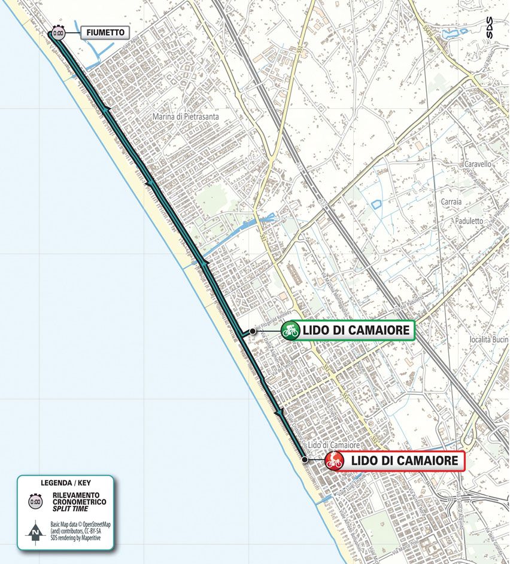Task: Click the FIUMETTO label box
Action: pyautogui.click(x=105, y=32)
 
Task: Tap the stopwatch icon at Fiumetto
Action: pyautogui.click(x=58, y=33)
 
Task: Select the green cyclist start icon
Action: pyautogui.click(x=290, y=330)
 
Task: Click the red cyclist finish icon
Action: pyautogui.click(x=333, y=461)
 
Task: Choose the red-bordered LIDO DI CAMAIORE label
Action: pyautogui.click(x=404, y=461)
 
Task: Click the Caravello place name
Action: pyautogui.click(x=478, y=163)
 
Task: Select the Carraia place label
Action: pyautogui.click(x=451, y=202)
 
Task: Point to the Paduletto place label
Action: pyautogui.click(x=467, y=221)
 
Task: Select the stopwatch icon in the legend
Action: pyautogui.click(x=35, y=501)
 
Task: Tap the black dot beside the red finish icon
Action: pyautogui.click(x=305, y=459)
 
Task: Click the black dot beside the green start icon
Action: pyautogui.click(x=253, y=330)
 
